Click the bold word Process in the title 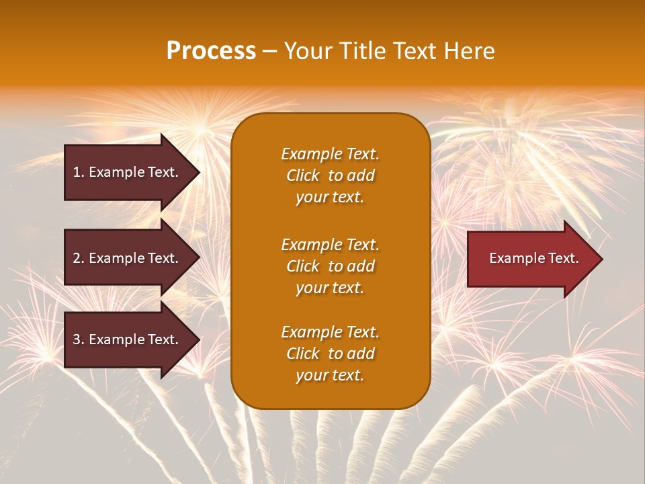click(x=211, y=51)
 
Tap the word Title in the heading click(x=358, y=51)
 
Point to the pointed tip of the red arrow click(x=599, y=259)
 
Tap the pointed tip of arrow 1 click(x=197, y=172)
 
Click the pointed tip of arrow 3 click(x=197, y=339)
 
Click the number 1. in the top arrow click(x=79, y=172)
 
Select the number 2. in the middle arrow click(x=79, y=258)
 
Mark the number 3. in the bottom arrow click(x=79, y=339)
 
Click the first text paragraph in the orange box click(x=330, y=175)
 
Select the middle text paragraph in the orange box click(x=330, y=266)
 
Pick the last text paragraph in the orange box click(x=330, y=354)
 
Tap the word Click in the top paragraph click(x=302, y=175)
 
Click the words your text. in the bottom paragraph click(x=330, y=375)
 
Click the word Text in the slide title click(x=413, y=51)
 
